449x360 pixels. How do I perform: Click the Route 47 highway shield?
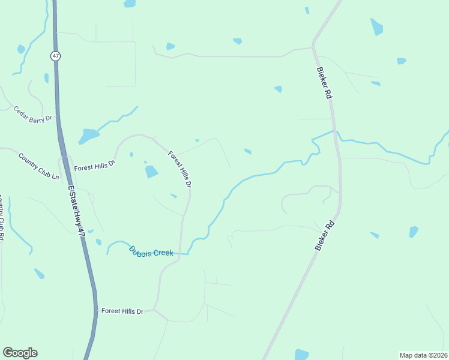[55, 56]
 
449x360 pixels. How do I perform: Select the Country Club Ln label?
[39, 167]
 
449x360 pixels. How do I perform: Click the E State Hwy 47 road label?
[77, 215]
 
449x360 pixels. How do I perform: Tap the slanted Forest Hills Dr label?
[179, 169]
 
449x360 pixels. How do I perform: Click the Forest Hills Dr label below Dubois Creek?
[122, 311]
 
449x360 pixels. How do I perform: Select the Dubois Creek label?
[151, 252]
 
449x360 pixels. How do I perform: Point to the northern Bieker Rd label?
[324, 82]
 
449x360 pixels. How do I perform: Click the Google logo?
[20, 353]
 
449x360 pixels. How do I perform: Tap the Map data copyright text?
[423, 355]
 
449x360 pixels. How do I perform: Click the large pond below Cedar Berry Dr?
[88, 136]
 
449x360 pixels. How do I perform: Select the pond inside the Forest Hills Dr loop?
[151, 172]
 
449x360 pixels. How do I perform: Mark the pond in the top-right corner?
[376, 27]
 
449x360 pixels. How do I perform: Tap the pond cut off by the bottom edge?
[301, 355]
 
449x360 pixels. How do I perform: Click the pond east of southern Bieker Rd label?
[413, 232]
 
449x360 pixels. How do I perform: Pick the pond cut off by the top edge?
[129, 4]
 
